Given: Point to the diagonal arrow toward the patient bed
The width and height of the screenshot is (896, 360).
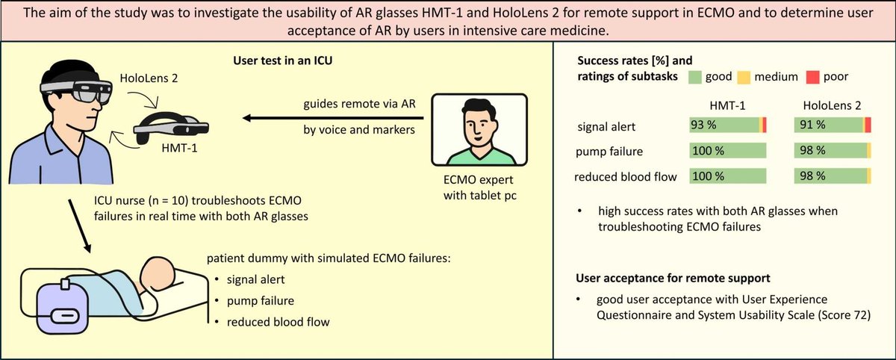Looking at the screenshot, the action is pyautogui.click(x=84, y=224).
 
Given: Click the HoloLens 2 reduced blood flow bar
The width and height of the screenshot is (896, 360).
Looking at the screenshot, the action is pyautogui.click(x=830, y=176).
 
